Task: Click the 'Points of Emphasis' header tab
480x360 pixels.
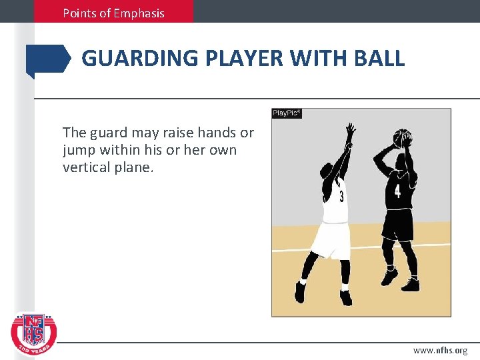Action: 113,12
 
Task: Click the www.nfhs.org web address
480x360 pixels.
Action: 440,350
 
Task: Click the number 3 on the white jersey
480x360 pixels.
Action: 341,197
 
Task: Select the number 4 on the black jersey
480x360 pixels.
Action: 397,191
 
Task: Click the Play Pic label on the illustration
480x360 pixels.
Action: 287,113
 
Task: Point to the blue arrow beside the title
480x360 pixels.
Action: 48,60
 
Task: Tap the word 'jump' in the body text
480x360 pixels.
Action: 78,150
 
